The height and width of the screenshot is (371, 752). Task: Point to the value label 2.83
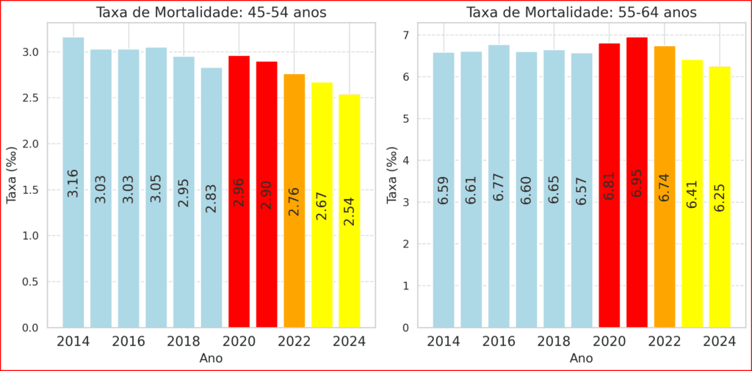click(211, 198)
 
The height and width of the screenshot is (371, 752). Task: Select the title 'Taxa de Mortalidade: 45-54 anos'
click(211, 12)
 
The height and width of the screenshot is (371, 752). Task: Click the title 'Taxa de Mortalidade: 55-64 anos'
click(581, 12)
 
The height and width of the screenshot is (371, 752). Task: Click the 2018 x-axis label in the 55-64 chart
click(554, 342)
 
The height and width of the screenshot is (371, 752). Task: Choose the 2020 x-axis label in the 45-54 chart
click(239, 342)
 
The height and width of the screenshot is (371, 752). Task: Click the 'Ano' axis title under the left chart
click(211, 359)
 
